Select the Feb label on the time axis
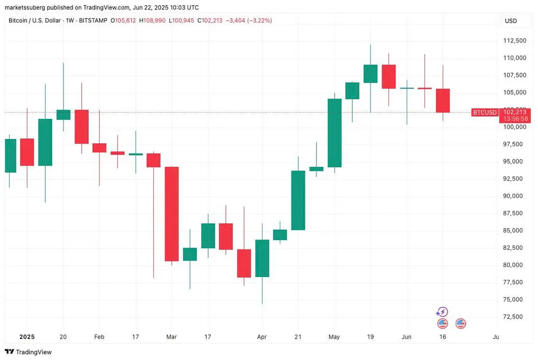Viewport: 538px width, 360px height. (99, 336)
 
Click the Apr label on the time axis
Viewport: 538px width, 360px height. (262, 336)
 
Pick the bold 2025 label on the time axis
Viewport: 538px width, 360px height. (26, 336)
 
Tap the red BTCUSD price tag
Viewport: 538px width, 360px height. (484, 112)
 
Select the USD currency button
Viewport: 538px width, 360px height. (511, 20)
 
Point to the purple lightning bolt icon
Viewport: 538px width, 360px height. (442, 312)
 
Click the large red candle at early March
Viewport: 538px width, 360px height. (172, 214)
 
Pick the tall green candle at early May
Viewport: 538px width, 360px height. (335, 133)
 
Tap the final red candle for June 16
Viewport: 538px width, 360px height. (443, 101)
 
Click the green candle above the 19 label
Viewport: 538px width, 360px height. (370, 74)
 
